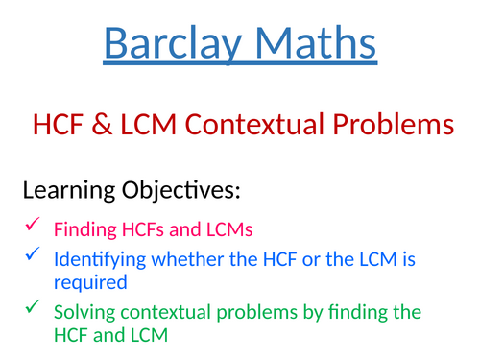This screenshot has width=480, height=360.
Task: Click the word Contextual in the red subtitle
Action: click(x=244, y=125)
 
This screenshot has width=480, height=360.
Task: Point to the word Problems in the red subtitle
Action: click(x=388, y=125)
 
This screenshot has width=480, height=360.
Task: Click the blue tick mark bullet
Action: click(x=32, y=255)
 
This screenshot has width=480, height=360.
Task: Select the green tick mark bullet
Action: click(x=32, y=310)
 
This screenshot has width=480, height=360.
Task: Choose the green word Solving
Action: click(x=83, y=312)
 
